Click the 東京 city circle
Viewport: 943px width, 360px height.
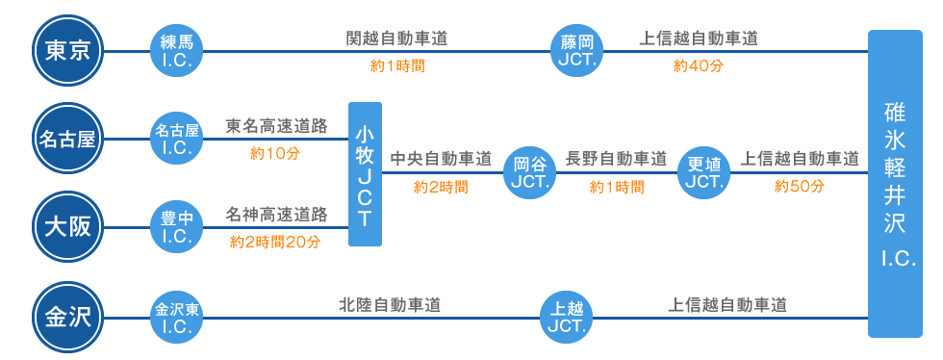click(x=67, y=51)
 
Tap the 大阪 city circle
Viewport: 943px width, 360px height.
click(x=67, y=227)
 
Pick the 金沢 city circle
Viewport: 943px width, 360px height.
click(x=67, y=315)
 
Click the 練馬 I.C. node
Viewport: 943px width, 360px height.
click(x=176, y=51)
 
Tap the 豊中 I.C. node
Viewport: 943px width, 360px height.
click(x=176, y=228)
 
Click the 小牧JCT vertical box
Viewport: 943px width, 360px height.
click(x=366, y=173)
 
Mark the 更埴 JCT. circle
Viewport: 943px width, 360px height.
click(x=705, y=172)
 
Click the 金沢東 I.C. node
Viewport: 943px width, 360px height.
click(x=176, y=315)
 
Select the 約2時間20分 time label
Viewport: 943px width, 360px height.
click(x=274, y=241)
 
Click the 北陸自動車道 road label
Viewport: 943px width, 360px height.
click(x=390, y=304)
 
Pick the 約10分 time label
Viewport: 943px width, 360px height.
click(x=275, y=153)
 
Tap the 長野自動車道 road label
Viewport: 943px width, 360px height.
click(x=616, y=158)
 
